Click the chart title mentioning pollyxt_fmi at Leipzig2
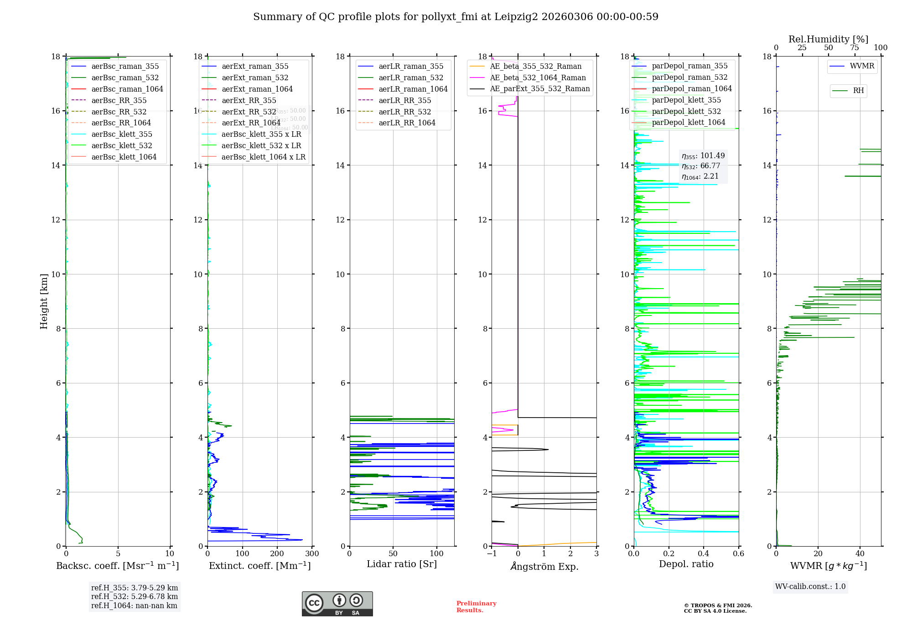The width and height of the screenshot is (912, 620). click(x=456, y=17)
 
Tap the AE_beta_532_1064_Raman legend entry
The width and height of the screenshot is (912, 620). click(x=538, y=78)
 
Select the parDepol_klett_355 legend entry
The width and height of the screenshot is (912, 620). click(x=686, y=100)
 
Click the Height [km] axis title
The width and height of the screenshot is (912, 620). click(x=44, y=301)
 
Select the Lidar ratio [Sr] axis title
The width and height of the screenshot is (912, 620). click(x=401, y=564)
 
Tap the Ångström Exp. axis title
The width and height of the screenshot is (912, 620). click(x=544, y=567)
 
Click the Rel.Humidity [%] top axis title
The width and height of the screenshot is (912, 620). click(x=828, y=40)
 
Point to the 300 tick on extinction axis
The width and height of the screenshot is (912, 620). click(x=312, y=554)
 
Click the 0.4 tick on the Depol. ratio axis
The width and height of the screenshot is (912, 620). click(x=704, y=554)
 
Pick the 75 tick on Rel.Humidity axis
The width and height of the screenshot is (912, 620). click(x=854, y=48)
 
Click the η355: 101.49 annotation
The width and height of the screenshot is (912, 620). click(x=703, y=156)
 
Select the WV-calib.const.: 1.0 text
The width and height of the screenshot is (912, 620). click(x=810, y=587)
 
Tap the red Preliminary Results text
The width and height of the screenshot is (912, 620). click(x=476, y=607)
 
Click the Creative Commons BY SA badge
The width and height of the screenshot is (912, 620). click(x=337, y=604)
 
